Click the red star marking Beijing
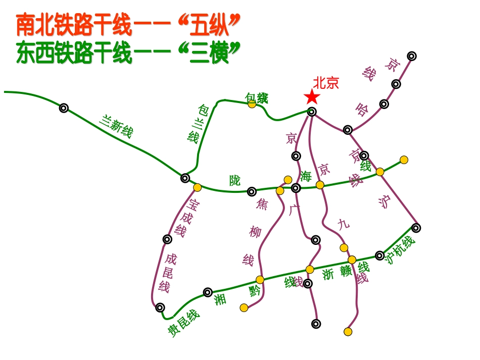point(312,96)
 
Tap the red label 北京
point(325,83)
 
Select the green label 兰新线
point(116,126)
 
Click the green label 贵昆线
point(184,323)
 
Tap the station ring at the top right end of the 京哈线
point(412,56)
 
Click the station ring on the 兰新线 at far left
point(64,108)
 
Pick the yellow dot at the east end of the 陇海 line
point(404,160)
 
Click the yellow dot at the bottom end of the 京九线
point(348,332)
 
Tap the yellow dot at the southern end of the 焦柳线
point(244,307)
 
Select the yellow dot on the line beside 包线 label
point(252,104)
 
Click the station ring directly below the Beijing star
point(312,112)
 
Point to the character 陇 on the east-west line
point(235,180)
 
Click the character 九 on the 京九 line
point(344,224)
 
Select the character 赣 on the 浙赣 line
point(346,272)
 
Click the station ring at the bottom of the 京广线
point(316,324)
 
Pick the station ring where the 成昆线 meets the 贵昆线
point(160,307)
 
